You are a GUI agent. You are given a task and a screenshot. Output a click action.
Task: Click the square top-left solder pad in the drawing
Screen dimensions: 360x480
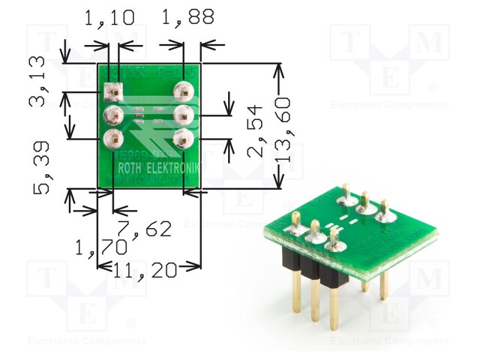(x=113, y=92)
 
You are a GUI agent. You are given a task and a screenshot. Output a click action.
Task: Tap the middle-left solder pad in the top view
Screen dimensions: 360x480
(x=113, y=115)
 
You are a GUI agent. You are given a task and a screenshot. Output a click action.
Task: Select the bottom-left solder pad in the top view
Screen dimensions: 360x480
(x=113, y=139)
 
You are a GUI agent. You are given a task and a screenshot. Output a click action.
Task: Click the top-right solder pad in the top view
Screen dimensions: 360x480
(x=183, y=91)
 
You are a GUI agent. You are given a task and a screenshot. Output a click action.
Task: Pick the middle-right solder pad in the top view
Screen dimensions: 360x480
(x=183, y=115)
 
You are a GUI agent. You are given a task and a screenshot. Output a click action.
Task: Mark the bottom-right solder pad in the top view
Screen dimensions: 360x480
(x=183, y=138)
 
